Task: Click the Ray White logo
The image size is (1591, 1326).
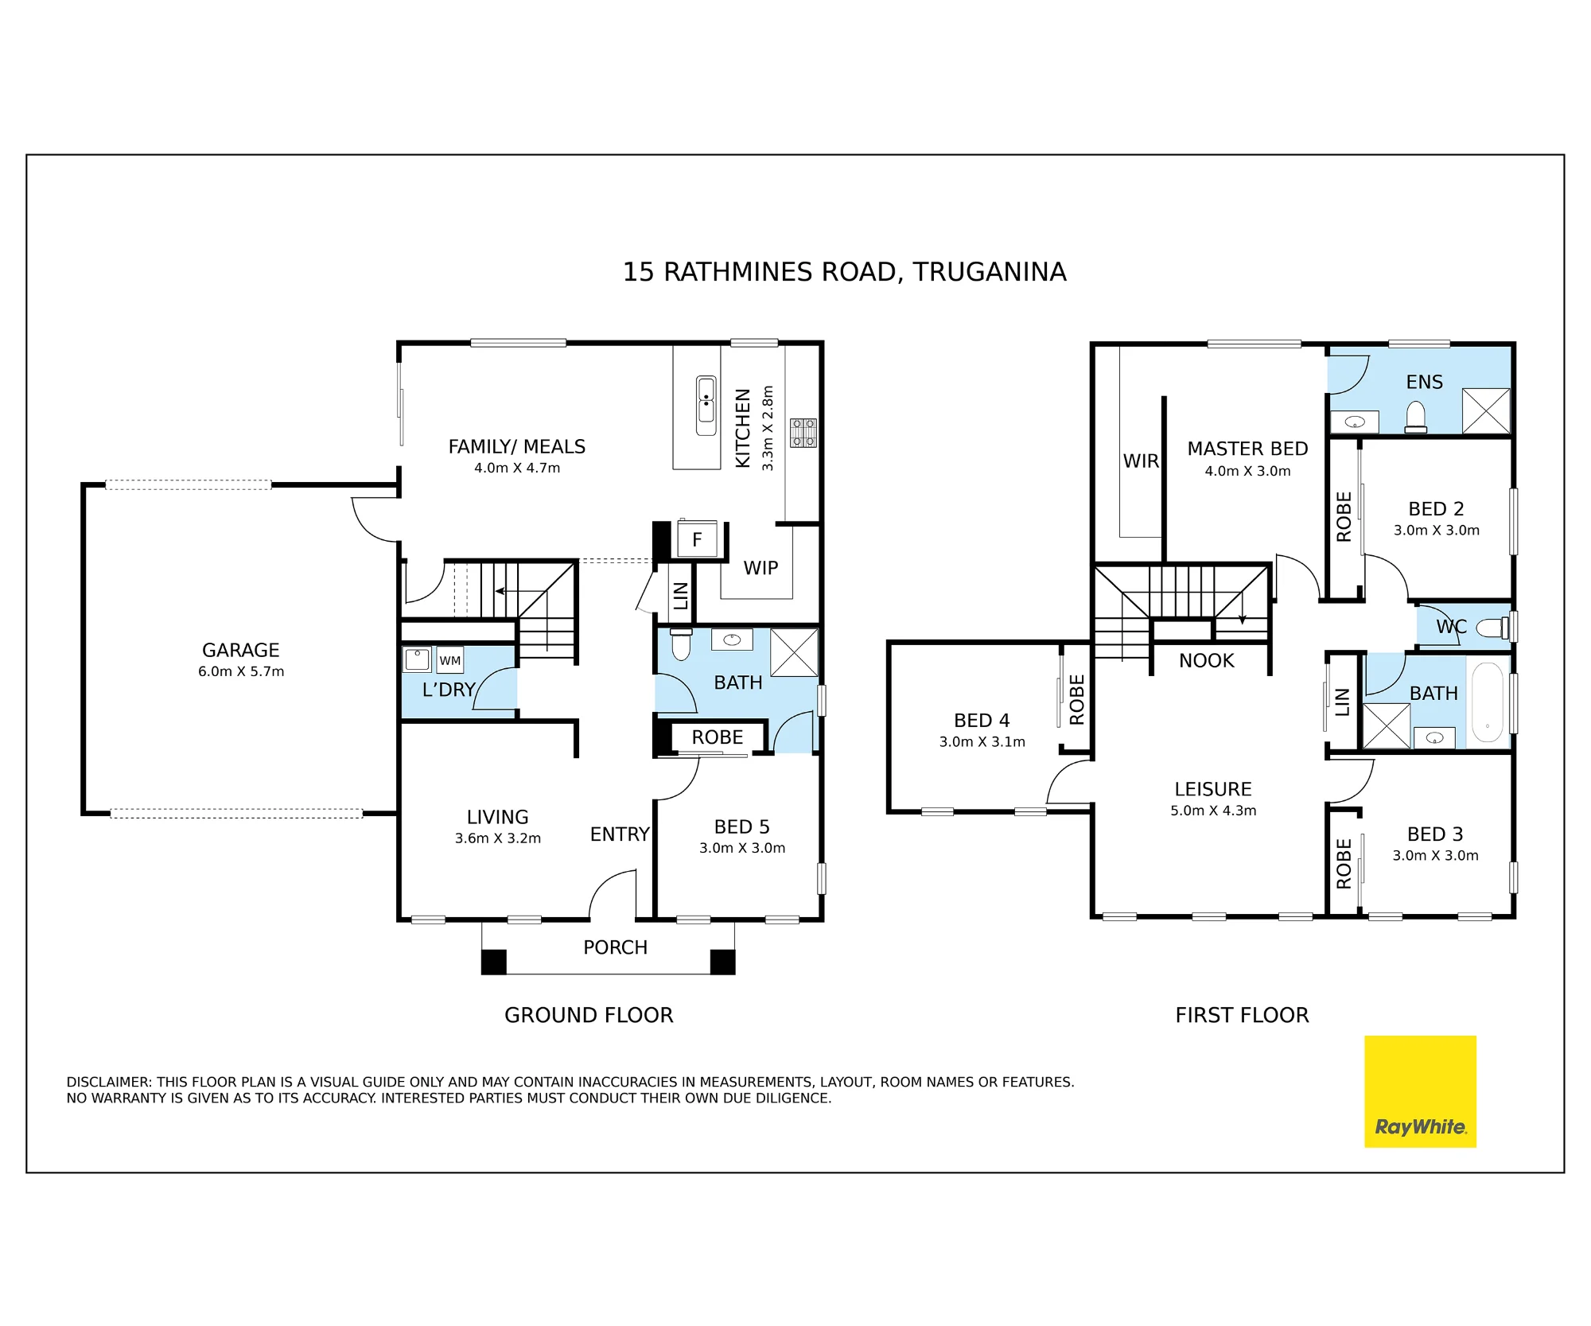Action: point(1420,1091)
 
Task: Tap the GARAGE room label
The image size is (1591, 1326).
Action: point(241,650)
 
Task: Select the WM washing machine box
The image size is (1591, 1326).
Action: point(450,660)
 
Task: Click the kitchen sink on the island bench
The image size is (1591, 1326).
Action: point(706,406)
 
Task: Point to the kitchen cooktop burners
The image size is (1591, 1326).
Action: point(803,433)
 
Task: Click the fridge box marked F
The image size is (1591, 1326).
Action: point(697,539)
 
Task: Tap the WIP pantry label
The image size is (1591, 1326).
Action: point(761,568)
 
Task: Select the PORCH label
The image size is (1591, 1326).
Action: point(616,947)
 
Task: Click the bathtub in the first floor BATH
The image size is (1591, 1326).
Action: point(1487,702)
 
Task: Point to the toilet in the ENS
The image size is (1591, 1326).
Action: point(1416,418)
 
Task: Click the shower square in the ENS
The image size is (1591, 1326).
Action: point(1486,410)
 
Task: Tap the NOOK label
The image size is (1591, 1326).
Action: point(1207,660)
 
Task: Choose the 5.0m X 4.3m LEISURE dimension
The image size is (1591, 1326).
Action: point(1213,811)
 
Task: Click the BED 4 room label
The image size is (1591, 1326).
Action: point(982,720)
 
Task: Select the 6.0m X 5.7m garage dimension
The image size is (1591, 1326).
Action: point(241,671)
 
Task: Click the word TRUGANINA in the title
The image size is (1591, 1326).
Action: point(990,272)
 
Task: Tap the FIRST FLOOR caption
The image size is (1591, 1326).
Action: point(1242,1015)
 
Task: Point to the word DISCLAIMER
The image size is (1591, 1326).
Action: point(109,1082)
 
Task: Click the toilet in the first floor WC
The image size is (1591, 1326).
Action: point(1492,628)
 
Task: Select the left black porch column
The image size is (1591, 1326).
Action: point(494,962)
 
